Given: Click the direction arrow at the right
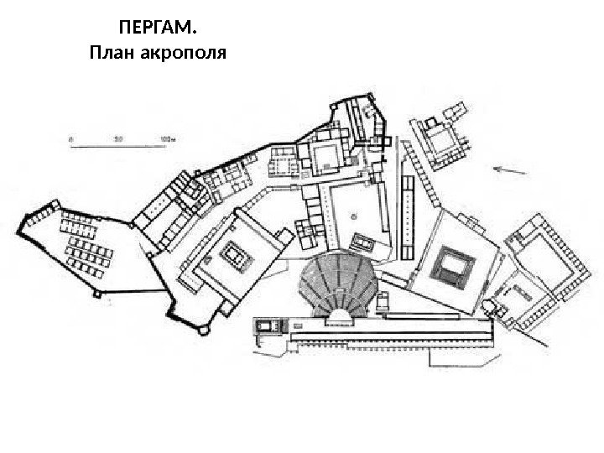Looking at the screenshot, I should tap(511, 170).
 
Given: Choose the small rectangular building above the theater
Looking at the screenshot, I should tap(365, 242).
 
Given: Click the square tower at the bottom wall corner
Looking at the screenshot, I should tap(200, 329).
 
